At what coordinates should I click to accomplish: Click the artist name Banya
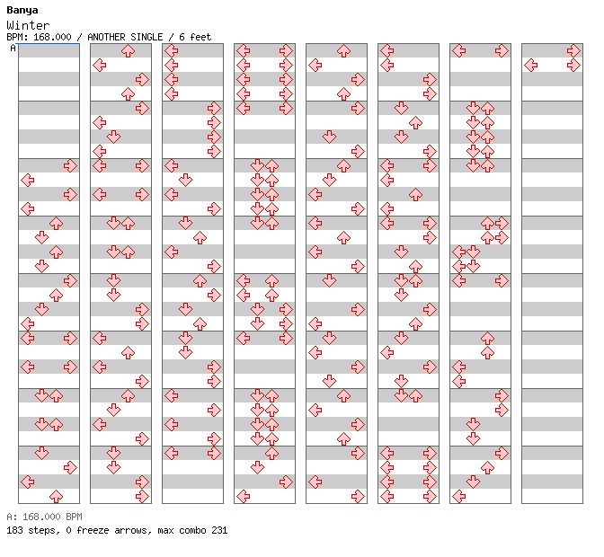click(x=22, y=11)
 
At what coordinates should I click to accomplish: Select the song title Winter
click(x=28, y=25)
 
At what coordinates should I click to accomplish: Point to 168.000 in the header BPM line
click(x=52, y=37)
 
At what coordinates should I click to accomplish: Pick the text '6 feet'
click(x=195, y=37)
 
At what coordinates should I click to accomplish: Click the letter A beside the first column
click(x=13, y=48)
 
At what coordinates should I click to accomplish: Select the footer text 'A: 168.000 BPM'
click(x=44, y=517)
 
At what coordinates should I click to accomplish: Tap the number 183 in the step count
click(x=14, y=530)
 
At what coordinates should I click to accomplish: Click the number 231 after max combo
click(x=219, y=530)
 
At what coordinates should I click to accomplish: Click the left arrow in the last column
click(x=531, y=65)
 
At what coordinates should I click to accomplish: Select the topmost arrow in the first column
click(x=70, y=166)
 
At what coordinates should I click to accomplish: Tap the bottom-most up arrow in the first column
click(x=57, y=496)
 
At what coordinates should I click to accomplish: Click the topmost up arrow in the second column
click(x=128, y=51)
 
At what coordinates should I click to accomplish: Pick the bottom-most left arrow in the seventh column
click(x=458, y=496)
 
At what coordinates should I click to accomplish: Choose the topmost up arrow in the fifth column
click(x=343, y=51)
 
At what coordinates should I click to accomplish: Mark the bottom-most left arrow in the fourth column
click(x=243, y=496)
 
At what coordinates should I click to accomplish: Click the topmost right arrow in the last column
click(x=573, y=51)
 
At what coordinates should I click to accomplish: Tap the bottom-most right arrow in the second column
click(x=142, y=496)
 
